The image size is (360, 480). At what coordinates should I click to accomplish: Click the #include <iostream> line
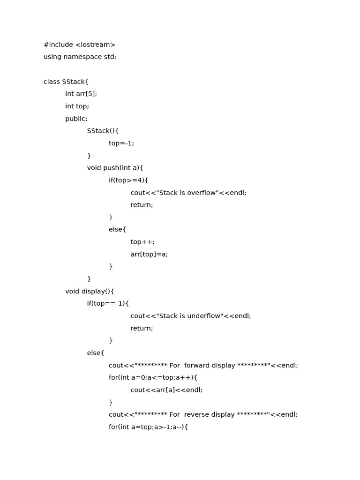click(79, 45)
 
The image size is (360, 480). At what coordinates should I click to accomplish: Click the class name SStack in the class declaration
click(73, 82)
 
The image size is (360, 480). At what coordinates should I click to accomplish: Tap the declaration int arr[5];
click(81, 94)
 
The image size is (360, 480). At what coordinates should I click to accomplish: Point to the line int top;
click(77, 106)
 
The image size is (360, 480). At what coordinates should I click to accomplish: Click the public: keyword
click(76, 119)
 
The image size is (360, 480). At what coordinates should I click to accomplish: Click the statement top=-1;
click(121, 143)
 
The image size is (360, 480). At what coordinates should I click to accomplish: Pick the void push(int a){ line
click(115, 168)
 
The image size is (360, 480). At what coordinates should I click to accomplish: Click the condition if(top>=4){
click(128, 180)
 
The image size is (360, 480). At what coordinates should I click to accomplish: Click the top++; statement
click(142, 242)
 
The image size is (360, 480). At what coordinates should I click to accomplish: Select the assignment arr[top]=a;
click(149, 254)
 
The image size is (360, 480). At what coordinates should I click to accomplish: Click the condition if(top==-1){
click(108, 303)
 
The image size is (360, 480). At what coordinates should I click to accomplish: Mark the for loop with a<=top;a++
click(153, 377)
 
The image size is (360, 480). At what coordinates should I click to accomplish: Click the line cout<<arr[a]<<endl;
click(166, 390)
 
